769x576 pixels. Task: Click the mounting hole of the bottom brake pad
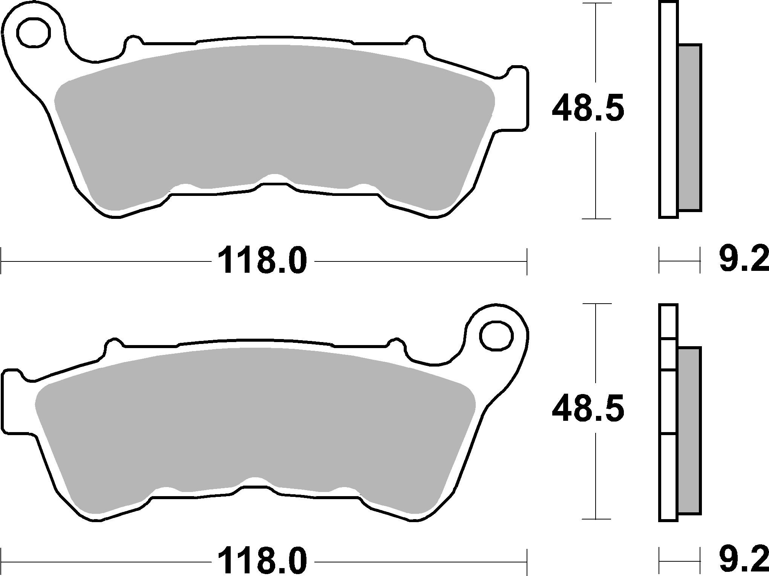coord(496,336)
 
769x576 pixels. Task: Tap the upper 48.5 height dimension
coord(587,109)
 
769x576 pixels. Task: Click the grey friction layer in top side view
coord(689,127)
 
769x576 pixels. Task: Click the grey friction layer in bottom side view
coord(689,430)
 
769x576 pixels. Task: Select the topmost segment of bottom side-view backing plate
coord(668,320)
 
